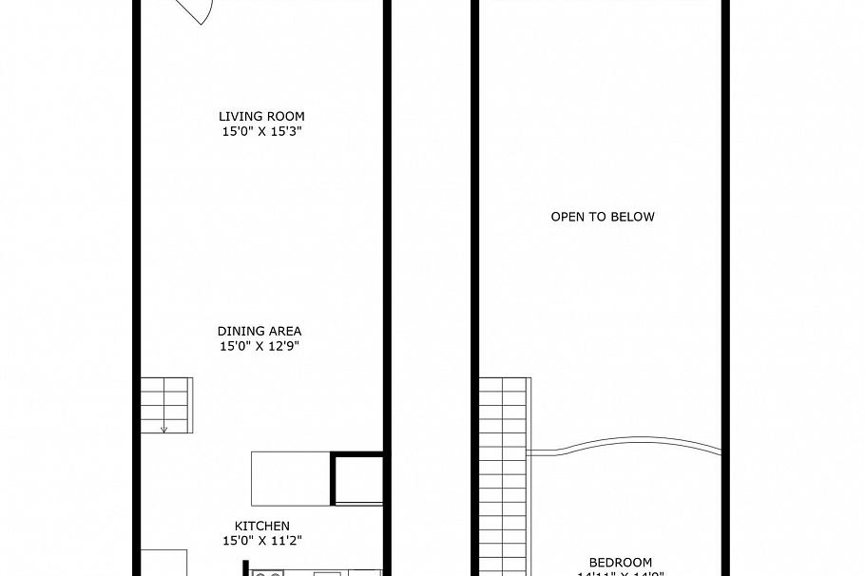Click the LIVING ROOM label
click(x=261, y=117)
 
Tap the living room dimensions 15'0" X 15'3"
click(x=261, y=132)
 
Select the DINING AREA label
click(x=259, y=332)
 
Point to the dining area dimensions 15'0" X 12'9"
click(x=259, y=347)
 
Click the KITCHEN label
click(x=262, y=526)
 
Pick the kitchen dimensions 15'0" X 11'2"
click(x=262, y=541)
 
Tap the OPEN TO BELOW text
click(x=603, y=217)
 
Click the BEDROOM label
click(x=620, y=562)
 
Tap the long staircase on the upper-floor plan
click(x=503, y=475)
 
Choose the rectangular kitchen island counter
click(x=290, y=478)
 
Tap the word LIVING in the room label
click(x=238, y=117)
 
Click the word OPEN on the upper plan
click(x=567, y=217)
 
